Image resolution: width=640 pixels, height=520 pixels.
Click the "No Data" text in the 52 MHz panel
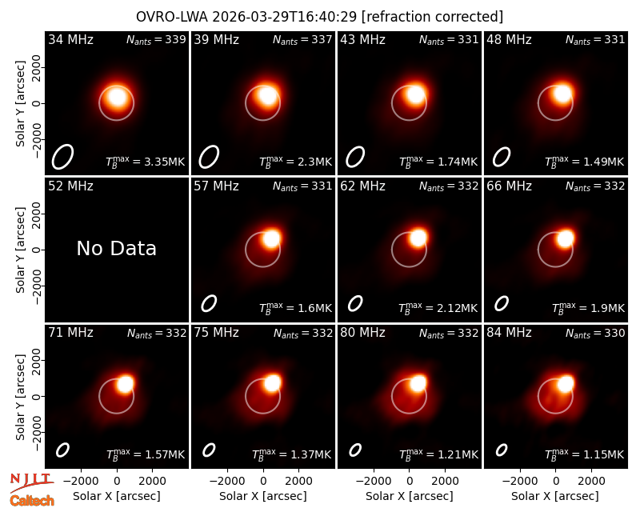click(x=116, y=248)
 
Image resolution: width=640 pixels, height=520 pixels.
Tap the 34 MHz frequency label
click(x=70, y=39)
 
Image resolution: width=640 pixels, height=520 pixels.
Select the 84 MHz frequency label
click(x=509, y=333)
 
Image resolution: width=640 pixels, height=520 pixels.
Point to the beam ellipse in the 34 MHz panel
click(x=62, y=157)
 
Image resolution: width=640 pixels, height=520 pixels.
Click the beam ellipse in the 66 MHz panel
click(x=502, y=303)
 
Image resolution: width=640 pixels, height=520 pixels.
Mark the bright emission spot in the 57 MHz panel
click(x=271, y=238)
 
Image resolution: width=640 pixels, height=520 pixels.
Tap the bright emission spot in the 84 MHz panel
click(x=566, y=384)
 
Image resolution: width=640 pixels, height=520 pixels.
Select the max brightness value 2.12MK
click(x=457, y=308)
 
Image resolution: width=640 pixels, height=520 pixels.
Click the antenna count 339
click(x=175, y=39)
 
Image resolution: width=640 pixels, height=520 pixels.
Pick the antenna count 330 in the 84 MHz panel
click(x=614, y=333)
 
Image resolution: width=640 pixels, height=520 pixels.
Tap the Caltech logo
click(x=32, y=501)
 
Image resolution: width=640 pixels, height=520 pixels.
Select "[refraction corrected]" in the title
click(x=432, y=17)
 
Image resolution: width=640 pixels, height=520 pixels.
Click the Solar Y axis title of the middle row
click(x=20, y=250)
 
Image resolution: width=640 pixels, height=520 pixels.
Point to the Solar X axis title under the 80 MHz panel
click(x=409, y=496)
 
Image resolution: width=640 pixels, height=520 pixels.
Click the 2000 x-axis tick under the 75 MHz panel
click(x=298, y=481)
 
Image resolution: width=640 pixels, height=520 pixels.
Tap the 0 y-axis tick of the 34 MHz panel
click(x=37, y=103)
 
